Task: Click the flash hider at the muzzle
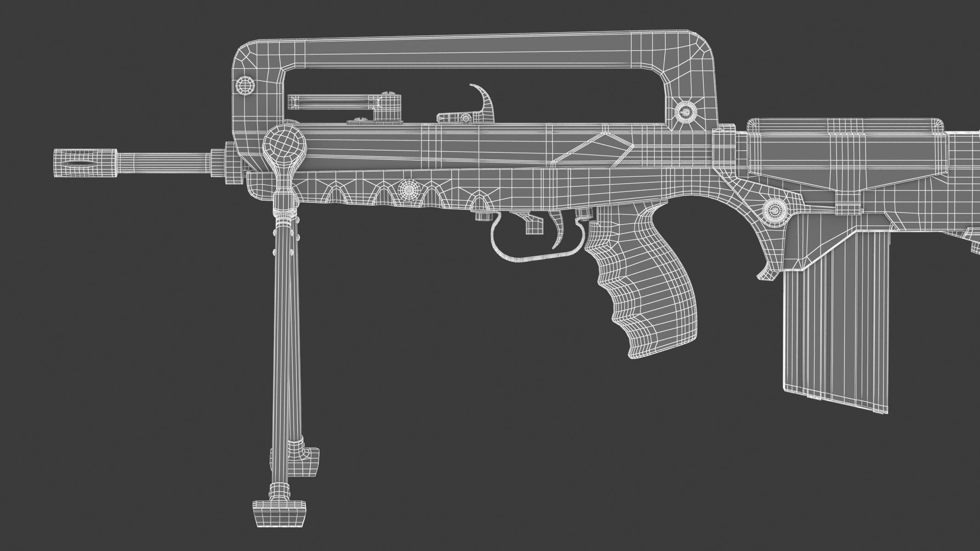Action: [x=85, y=163]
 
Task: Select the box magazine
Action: [x=836, y=321]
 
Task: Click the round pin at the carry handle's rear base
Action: [x=685, y=112]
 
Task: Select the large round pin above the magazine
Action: [x=775, y=211]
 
